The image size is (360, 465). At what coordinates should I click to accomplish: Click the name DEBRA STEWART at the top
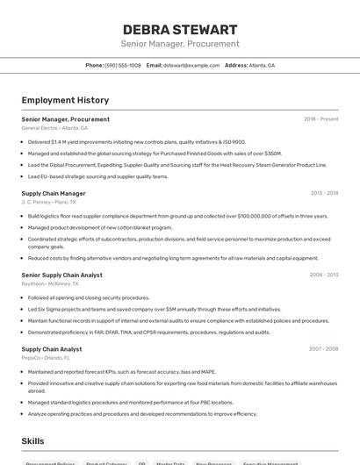tap(180, 29)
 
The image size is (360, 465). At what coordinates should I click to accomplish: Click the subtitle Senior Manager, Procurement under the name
tap(180, 44)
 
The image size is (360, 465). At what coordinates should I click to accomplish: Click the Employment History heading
tap(65, 100)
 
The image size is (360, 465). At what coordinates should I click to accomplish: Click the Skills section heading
tap(32, 441)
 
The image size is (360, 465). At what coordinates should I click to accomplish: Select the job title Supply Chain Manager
tap(54, 193)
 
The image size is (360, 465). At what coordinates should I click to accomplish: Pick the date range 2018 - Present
tap(320, 119)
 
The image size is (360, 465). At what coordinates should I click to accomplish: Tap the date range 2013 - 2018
tap(324, 193)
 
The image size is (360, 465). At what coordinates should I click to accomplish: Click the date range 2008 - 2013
tap(324, 275)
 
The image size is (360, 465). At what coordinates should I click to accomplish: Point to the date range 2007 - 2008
tap(324, 349)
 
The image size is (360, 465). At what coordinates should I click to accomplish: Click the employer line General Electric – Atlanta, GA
tap(54, 128)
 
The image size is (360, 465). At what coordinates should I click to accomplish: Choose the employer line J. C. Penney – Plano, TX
tap(49, 202)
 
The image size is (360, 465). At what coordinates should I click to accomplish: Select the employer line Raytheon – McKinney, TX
tap(50, 283)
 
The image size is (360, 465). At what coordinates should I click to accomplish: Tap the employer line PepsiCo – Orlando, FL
tap(46, 358)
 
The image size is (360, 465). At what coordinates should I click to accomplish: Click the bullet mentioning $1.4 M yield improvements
tap(136, 141)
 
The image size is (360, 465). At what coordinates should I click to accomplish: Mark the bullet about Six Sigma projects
tap(155, 309)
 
